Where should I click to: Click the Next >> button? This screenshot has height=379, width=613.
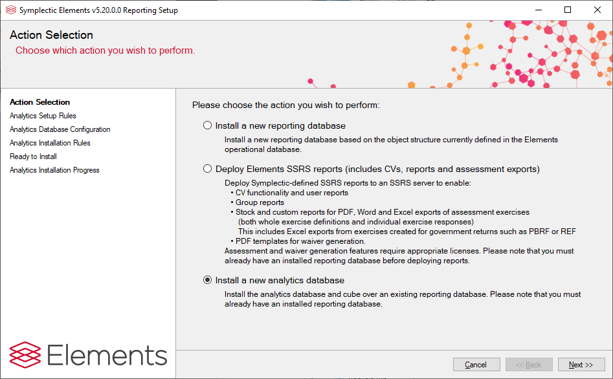point(581,365)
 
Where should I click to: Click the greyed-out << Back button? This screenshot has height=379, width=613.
point(529,365)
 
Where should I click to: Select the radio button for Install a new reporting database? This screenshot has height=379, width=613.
point(208,125)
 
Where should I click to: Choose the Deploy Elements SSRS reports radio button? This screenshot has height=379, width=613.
point(208,169)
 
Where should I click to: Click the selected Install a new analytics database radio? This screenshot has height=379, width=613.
point(208,280)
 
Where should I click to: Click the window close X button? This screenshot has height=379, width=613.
point(597,10)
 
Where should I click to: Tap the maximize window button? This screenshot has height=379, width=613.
point(568,10)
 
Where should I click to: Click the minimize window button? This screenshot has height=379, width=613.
point(539,10)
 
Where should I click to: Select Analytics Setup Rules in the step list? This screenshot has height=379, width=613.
point(43,116)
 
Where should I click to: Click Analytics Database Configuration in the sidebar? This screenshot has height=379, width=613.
point(60,129)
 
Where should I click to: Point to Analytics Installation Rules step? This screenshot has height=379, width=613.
point(50,143)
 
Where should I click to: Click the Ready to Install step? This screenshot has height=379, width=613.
point(33,157)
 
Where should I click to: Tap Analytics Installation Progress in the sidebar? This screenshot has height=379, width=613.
point(54,170)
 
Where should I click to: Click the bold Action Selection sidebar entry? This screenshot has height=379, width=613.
point(40,102)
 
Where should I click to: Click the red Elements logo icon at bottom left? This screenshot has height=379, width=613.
point(25,355)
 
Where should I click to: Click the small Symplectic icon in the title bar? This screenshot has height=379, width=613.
point(11,10)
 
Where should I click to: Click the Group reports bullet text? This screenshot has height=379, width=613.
point(260,202)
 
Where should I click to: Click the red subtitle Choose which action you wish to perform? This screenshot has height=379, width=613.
point(105,51)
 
